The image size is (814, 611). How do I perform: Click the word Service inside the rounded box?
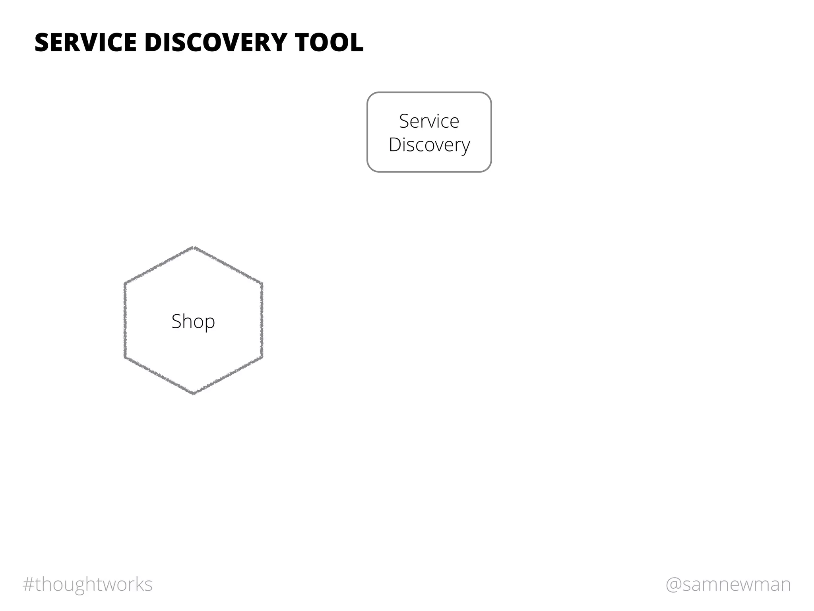(429, 121)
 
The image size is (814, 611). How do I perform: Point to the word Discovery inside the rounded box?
(429, 145)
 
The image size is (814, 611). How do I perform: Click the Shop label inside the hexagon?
(193, 321)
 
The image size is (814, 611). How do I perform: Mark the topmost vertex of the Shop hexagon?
(194, 247)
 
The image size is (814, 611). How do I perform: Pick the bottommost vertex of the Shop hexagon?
(194, 394)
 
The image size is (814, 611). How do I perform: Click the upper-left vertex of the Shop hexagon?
(125, 283)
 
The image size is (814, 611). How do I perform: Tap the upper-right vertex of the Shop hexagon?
(262, 283)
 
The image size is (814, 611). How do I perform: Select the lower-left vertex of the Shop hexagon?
(125, 357)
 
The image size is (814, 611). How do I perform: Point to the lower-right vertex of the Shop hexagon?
(262, 357)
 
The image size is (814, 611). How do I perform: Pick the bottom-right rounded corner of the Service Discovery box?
(487, 168)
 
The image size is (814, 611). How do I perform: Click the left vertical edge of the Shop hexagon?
(125, 320)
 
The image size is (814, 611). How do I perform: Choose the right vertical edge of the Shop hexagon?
(262, 320)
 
